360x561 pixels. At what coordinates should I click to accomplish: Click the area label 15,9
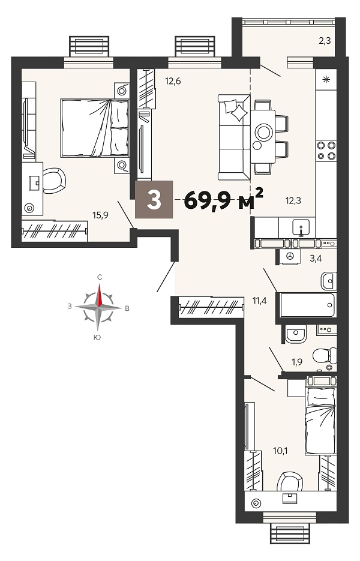click(100, 215)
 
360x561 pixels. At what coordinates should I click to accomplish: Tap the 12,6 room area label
click(173, 81)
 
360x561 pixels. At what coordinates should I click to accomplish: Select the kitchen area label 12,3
click(293, 201)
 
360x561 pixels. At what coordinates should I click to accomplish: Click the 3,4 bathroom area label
click(315, 259)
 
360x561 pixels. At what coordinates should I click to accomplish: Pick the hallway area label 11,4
click(260, 301)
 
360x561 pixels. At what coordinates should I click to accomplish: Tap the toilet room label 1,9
click(296, 362)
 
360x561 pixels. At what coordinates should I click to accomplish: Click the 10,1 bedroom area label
click(280, 451)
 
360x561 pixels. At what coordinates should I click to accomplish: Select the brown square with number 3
click(154, 200)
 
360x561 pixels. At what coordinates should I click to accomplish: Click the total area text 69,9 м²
click(224, 200)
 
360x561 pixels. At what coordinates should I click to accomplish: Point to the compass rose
click(99, 307)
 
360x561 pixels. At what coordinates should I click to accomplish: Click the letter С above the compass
click(100, 277)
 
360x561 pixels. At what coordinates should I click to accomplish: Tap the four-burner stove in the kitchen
click(326, 150)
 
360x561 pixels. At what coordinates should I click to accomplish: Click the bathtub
click(308, 305)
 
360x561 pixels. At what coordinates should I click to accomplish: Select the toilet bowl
click(325, 356)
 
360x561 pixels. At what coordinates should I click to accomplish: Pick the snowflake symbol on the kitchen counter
click(326, 79)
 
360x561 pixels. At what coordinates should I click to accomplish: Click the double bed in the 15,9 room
click(94, 128)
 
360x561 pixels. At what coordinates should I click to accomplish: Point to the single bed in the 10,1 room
click(321, 417)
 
